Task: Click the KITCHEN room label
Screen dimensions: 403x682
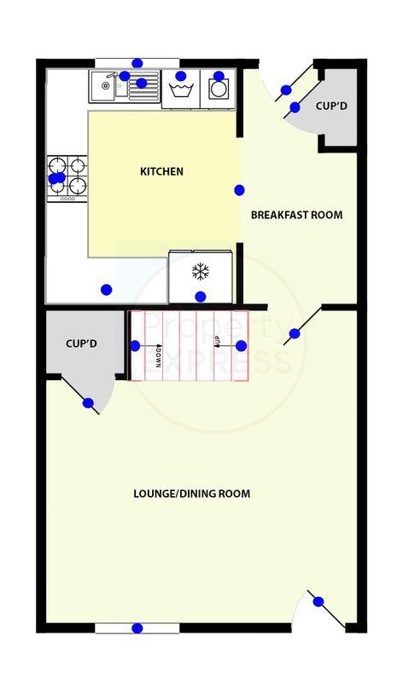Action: [161, 171]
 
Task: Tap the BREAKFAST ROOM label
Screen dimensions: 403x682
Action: [296, 215]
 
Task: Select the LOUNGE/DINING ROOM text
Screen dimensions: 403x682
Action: [192, 494]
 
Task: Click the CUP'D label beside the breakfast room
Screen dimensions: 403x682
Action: [331, 106]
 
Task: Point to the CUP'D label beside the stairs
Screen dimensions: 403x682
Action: [81, 344]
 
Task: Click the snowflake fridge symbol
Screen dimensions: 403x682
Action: [201, 272]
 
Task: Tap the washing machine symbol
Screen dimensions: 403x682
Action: [181, 90]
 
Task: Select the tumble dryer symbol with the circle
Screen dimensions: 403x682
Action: [218, 90]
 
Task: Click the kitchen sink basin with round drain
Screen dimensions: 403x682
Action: [105, 86]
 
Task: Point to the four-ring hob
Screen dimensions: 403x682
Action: [67, 178]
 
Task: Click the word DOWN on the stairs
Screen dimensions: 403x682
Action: [158, 356]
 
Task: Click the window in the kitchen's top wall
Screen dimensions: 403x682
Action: [137, 63]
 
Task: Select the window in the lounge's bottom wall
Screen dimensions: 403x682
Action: [137, 628]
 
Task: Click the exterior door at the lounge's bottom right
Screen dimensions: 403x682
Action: [326, 609]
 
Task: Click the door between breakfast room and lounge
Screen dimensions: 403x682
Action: [303, 326]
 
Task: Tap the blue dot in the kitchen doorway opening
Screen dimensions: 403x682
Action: [239, 190]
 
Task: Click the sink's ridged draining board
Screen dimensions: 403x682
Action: [144, 86]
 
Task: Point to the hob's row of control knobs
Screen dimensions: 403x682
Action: [67, 199]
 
